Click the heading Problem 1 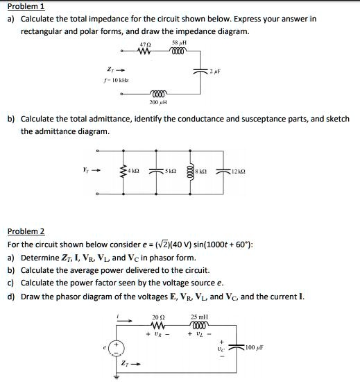coord(26,6)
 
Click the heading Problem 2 coord(26,231)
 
